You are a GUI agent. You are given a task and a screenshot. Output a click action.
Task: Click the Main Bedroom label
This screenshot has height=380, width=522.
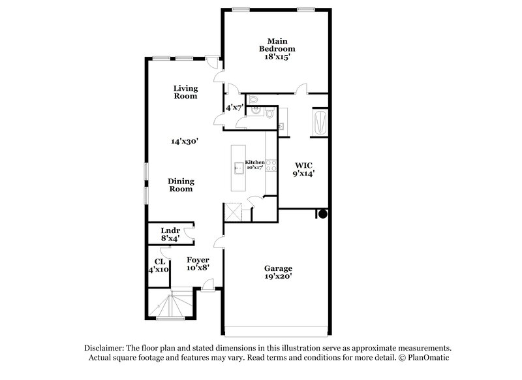(x=277, y=44)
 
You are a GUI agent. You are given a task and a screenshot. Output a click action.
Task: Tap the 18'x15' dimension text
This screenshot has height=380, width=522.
(x=277, y=57)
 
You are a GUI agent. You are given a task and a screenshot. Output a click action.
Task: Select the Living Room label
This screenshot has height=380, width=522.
(x=185, y=92)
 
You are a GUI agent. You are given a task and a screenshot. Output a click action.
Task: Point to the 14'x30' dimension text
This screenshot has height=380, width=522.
(x=184, y=140)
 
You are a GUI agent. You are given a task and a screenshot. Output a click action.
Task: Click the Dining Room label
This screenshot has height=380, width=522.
(x=181, y=185)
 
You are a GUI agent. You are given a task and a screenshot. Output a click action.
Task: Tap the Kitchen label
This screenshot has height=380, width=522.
(x=254, y=162)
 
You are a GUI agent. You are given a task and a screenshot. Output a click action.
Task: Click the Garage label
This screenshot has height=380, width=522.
(x=278, y=268)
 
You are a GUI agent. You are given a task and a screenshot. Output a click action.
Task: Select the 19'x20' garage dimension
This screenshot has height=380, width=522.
(x=278, y=277)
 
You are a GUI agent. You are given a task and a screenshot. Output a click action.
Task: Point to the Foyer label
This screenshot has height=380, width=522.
(x=198, y=260)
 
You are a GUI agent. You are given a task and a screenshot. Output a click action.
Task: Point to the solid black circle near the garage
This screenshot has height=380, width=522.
(x=322, y=214)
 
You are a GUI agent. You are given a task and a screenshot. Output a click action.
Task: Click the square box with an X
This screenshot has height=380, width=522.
(x=233, y=212)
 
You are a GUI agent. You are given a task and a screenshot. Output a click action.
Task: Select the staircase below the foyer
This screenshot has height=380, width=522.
(x=173, y=305)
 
